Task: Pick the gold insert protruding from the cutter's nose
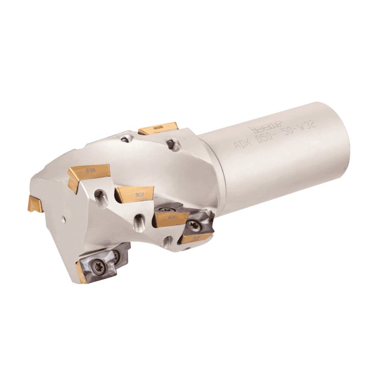(35, 204)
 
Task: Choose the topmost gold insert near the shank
(158, 128)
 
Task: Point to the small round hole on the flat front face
(63, 218)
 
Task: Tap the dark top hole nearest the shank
(170, 144)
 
